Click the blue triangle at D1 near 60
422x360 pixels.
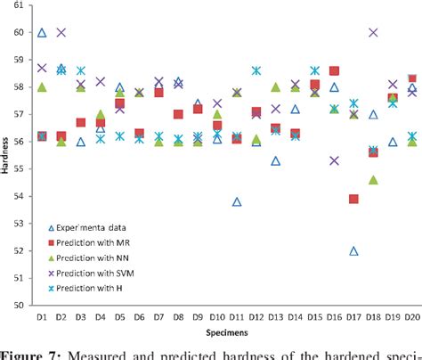tap(42, 33)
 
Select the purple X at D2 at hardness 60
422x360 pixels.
tap(61, 32)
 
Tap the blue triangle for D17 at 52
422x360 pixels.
tap(354, 251)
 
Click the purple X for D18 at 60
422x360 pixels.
tap(373, 33)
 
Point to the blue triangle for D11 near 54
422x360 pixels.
tap(237, 202)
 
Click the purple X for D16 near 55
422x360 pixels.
tap(335, 160)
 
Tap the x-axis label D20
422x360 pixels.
tap(411, 317)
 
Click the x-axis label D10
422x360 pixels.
tap(217, 317)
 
